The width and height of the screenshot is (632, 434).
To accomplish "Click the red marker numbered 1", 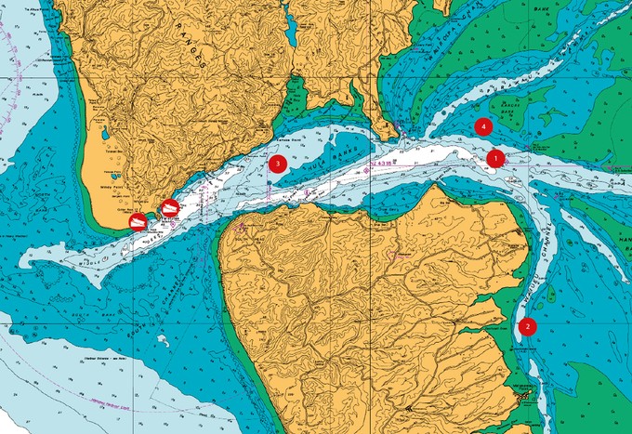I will tap(495, 158).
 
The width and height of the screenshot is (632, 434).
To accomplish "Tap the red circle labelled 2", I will tap(527, 326).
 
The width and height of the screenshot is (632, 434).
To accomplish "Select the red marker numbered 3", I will tap(275, 164).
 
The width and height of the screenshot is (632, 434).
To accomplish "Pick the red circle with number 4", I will tap(481, 125).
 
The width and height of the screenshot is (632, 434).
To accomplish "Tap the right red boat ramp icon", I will tap(168, 209).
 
